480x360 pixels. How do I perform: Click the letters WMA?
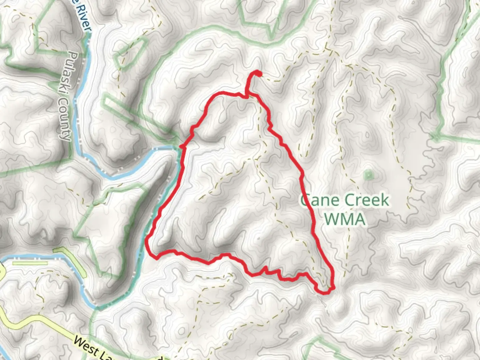pos(345,219)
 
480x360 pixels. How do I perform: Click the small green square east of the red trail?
pos(368,175)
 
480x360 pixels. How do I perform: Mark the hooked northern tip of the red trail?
pos(257,73)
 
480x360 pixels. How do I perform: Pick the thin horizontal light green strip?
pos(30,263)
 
